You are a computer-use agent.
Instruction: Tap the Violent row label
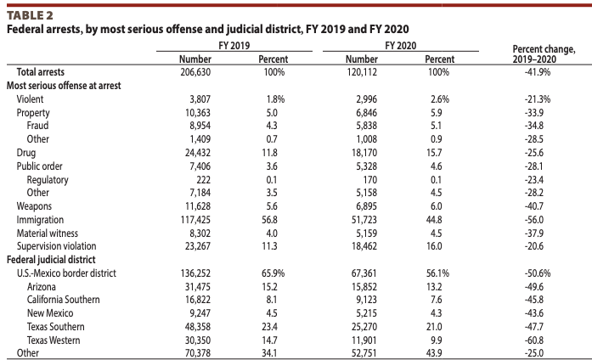[x=31, y=99]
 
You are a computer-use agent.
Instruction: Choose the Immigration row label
[x=42, y=219]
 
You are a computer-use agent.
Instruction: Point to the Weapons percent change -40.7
[x=535, y=206]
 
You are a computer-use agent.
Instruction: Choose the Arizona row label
[x=42, y=286]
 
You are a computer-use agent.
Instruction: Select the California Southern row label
[x=64, y=300]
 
